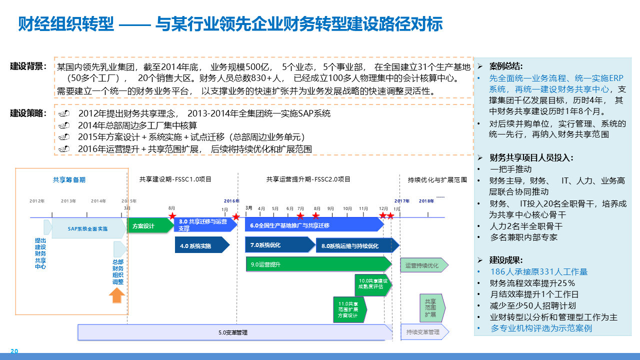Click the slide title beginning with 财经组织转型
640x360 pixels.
tap(230, 24)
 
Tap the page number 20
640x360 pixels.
tap(14, 351)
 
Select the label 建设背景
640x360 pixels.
tap(28, 66)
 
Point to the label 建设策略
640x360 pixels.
tap(28, 113)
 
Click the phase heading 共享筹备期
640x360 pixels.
tap(69, 179)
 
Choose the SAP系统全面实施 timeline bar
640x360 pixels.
tap(88, 228)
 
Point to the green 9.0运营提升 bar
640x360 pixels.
tap(317, 264)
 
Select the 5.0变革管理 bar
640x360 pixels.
tap(233, 332)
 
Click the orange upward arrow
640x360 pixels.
tap(117, 296)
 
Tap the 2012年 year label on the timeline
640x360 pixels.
tap(37, 201)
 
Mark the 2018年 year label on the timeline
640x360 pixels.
tap(426, 201)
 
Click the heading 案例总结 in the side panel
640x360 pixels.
tap(505, 66)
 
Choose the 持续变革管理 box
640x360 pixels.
tap(423, 332)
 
